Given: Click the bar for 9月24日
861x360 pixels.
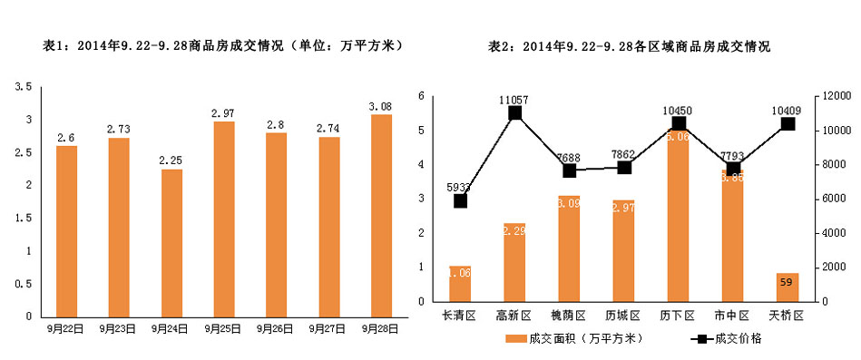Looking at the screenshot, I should pos(171,243).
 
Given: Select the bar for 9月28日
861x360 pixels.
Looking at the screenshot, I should pos(381,216).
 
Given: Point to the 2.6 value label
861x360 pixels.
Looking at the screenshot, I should pos(65,138).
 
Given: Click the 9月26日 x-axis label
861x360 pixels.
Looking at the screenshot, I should pos(275,328).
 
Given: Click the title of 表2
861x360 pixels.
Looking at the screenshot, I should pos(630,46).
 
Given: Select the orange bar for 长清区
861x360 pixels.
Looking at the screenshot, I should pos(460,284).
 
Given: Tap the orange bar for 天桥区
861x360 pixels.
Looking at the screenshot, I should pos(788,287).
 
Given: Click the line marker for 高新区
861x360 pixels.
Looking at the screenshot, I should pos(514,113).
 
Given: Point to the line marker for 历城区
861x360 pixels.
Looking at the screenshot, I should pos(623,167).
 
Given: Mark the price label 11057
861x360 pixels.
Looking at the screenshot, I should pos(514,96).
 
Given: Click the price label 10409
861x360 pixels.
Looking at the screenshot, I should pos(788,107).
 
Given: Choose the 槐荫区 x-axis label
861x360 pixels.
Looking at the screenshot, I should pos(569,314).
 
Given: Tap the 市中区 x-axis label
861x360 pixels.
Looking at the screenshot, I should pos(732,314).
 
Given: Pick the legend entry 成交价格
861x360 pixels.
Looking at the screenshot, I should pos(726,339).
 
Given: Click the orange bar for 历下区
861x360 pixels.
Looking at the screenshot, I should pos(678,218).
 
